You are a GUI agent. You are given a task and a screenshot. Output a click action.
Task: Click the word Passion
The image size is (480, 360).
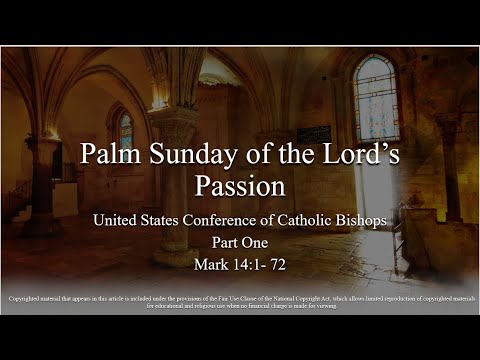(x=240, y=187)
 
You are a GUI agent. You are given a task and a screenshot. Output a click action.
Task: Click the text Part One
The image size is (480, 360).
(x=240, y=244)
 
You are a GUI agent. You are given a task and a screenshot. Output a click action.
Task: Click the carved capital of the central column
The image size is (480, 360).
(x=173, y=120)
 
